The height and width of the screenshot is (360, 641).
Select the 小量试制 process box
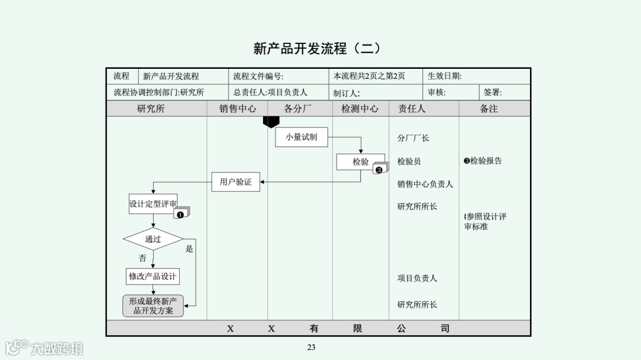[x=302, y=137]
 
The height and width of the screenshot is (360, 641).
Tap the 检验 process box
[x=360, y=161]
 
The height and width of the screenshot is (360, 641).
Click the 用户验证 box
[x=236, y=182]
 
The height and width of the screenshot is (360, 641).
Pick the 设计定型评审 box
[x=153, y=204]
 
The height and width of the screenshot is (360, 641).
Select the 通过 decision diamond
[x=153, y=239]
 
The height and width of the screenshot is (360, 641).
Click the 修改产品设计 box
[x=153, y=276]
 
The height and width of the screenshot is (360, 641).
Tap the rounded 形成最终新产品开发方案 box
[x=153, y=306]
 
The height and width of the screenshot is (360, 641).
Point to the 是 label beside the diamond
[x=189, y=249]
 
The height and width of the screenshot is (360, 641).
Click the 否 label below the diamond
[x=142, y=259]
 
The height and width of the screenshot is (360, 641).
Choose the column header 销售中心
[x=237, y=109]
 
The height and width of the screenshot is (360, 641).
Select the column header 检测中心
[x=360, y=109]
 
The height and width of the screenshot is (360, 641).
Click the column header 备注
[x=488, y=109]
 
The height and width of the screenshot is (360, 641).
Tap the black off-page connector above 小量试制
[x=271, y=122]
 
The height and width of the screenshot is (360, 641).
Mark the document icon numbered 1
[x=181, y=214]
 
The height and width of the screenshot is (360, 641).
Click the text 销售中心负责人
[x=425, y=184]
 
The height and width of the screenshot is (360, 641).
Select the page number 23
[x=312, y=348]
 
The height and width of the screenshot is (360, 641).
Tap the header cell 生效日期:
[x=445, y=77]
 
